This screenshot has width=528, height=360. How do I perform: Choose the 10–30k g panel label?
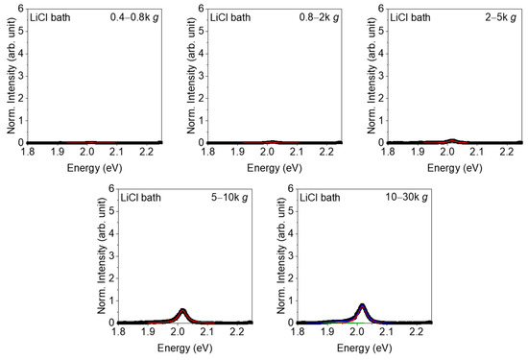(x=405, y=198)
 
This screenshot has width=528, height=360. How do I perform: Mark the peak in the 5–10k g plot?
(x=183, y=309)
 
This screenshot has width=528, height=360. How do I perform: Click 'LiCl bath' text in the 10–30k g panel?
(x=323, y=198)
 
